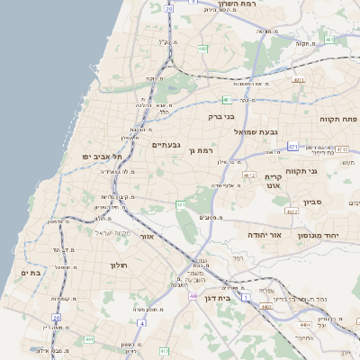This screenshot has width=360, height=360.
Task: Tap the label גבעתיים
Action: point(167,145)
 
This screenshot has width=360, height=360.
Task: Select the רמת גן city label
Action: point(199,150)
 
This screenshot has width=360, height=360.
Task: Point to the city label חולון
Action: point(120,265)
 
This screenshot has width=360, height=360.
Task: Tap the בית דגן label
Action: point(238,295)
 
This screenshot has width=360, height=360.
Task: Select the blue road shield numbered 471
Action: point(292,145)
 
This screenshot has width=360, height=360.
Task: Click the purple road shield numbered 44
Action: point(193,294)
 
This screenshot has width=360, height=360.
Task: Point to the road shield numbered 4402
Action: point(266,308)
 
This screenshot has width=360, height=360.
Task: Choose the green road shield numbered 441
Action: point(88,338)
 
